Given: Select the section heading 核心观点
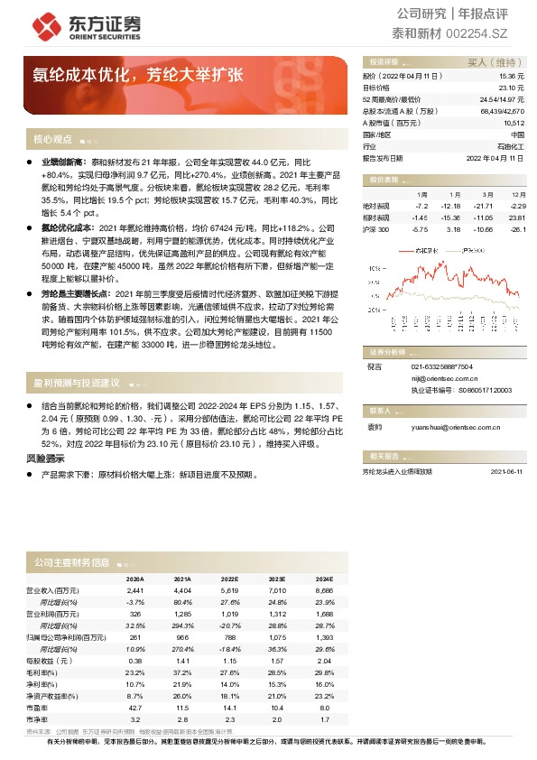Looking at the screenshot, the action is coord(52,140).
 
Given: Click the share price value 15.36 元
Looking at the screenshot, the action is coord(511,77).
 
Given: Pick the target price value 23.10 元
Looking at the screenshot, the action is coord(511,88).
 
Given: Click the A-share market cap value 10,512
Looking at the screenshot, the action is coord(514,122).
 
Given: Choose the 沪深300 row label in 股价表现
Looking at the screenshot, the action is coord(375,229).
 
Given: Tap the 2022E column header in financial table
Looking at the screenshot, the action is coord(229,578).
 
